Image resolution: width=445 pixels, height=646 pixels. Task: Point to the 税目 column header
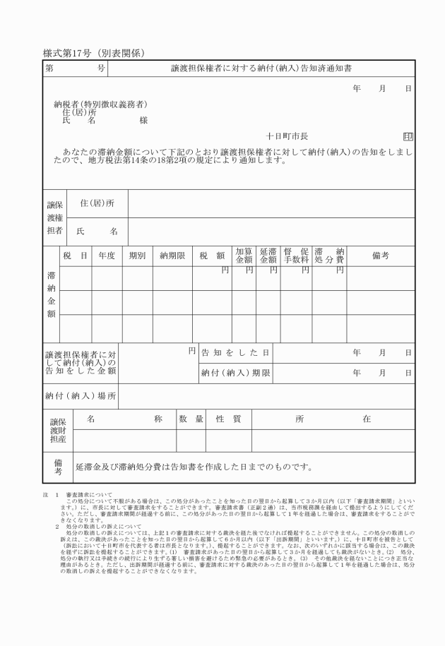[75, 256]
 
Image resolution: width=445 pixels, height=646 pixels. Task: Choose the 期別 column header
[137, 256]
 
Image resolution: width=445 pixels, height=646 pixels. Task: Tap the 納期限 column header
[172, 256]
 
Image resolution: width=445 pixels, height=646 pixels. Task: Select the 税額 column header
[212, 256]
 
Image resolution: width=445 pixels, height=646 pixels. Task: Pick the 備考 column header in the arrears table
[380, 256]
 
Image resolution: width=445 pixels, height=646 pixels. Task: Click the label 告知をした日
[235, 352]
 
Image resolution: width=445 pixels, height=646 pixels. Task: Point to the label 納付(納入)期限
[235, 372]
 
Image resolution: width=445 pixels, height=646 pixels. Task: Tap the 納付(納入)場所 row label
[81, 395]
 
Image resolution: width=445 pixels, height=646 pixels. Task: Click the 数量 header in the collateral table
[191, 419]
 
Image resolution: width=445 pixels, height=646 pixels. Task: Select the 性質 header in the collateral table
[228, 419]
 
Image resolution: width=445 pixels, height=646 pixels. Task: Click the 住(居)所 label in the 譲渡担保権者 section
[97, 203]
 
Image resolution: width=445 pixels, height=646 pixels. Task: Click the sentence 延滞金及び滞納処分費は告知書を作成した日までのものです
[194, 467]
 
